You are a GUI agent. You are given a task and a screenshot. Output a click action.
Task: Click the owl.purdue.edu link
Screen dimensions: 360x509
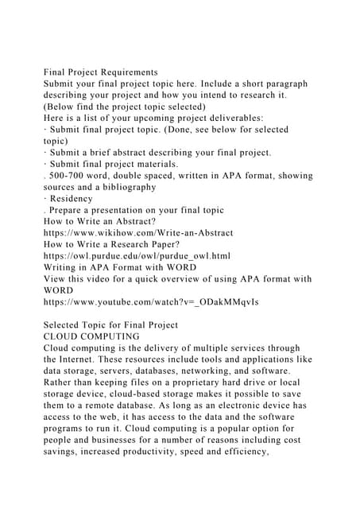[137, 256]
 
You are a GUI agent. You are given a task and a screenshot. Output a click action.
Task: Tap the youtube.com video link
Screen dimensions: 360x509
[137, 302]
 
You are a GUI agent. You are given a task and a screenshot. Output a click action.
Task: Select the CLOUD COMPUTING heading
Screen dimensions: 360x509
[91, 336]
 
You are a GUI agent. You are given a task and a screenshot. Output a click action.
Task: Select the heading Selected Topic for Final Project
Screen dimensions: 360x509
[111, 325]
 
